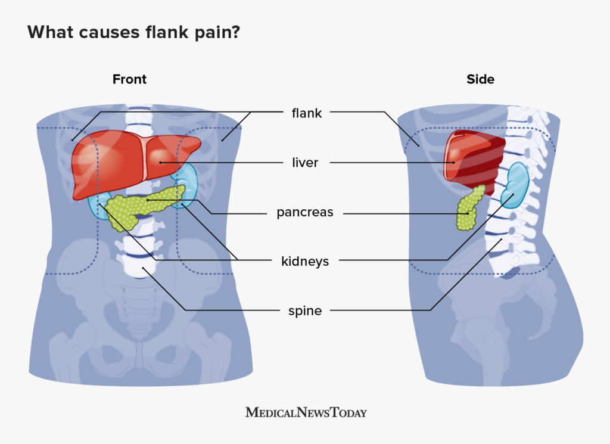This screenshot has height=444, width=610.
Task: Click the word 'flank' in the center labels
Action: tap(307, 113)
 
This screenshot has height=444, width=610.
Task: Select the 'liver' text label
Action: tap(305, 163)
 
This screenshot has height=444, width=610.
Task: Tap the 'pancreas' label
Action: tap(305, 213)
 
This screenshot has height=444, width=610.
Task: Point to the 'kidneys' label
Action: tap(305, 262)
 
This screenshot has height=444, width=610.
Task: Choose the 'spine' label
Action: tap(305, 311)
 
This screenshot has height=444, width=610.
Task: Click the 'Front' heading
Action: tap(129, 79)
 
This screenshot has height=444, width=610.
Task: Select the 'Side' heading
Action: tap(481, 79)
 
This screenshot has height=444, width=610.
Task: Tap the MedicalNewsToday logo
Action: tap(306, 412)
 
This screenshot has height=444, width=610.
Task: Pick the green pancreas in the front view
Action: tap(144, 206)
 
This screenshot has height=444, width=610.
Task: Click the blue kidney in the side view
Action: tap(515, 185)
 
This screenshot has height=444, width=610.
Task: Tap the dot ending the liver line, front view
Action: tap(160, 162)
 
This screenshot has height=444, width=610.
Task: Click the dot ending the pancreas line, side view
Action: tap(468, 213)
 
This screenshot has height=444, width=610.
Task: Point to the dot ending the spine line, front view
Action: tap(143, 268)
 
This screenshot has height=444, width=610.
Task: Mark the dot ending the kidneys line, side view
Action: tap(513, 194)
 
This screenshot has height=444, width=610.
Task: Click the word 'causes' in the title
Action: tap(109, 33)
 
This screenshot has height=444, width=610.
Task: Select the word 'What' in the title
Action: tap(50, 32)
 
